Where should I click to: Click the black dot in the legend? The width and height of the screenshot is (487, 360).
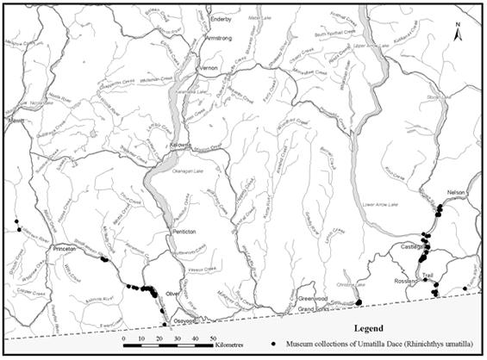click(x=273, y=344)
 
